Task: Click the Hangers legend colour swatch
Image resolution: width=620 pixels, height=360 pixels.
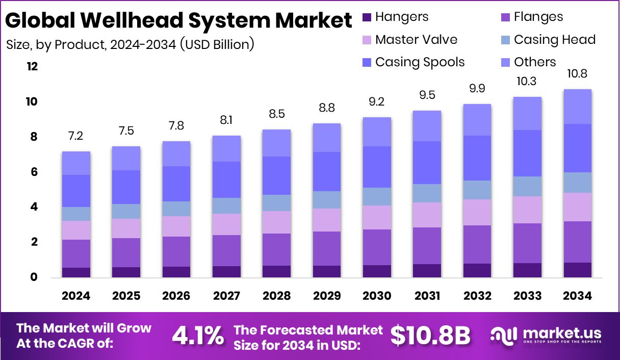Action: click(367, 17)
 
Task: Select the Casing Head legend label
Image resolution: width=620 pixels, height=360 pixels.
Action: click(554, 40)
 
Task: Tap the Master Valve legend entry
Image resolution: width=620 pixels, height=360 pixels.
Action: click(416, 40)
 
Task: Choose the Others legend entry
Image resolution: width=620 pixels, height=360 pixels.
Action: click(534, 62)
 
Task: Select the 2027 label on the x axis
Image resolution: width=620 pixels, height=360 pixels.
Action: click(226, 296)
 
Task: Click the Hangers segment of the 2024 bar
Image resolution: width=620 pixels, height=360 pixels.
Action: click(76, 272)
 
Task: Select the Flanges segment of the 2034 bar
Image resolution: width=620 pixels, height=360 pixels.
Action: click(577, 242)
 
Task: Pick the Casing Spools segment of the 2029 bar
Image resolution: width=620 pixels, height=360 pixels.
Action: click(326, 171)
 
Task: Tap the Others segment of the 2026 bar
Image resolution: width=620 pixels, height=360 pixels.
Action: click(176, 153)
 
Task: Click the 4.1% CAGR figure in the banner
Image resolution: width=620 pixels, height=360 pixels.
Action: click(197, 336)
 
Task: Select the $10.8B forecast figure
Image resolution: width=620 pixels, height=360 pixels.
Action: click(430, 336)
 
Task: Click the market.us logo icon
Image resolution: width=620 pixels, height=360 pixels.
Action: click(503, 335)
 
